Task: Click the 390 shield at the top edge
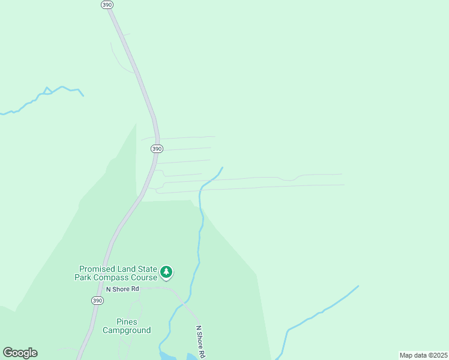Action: tap(106, 4)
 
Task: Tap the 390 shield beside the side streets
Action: tap(156, 148)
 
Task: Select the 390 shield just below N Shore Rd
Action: tap(97, 300)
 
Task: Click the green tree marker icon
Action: tap(166, 272)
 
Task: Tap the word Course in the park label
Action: tap(143, 277)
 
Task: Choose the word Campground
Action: tap(126, 330)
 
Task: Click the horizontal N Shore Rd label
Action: tap(122, 289)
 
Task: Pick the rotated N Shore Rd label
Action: tap(200, 342)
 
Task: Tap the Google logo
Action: tap(20, 353)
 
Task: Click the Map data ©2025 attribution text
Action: tap(423, 355)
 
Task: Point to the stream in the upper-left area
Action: tap(48, 91)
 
